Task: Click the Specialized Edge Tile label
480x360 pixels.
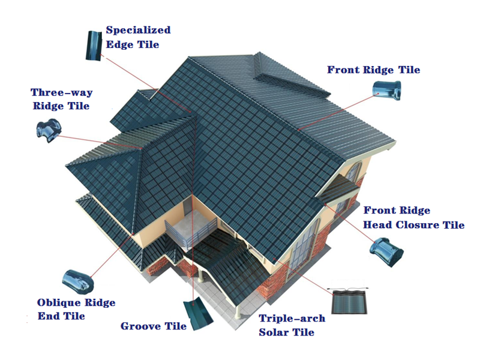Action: click(138, 37)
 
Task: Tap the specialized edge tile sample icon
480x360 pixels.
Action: click(94, 46)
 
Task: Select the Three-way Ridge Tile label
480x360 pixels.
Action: click(62, 99)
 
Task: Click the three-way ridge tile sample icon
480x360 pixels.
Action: click(49, 131)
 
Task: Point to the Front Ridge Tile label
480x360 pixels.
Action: click(373, 70)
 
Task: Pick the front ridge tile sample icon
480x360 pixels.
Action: click(386, 91)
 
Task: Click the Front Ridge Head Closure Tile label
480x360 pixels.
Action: click(413, 218)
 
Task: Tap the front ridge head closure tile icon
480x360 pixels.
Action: click(386, 251)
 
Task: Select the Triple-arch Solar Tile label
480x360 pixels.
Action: click(292, 325)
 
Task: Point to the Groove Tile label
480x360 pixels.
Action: click(154, 326)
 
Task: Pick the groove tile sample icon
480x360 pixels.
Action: click(198, 313)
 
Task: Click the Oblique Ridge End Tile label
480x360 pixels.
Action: click(76, 309)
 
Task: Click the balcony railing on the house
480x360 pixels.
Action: click(190, 232)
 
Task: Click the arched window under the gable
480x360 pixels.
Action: click(353, 172)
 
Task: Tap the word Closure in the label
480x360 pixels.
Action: click(413, 225)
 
